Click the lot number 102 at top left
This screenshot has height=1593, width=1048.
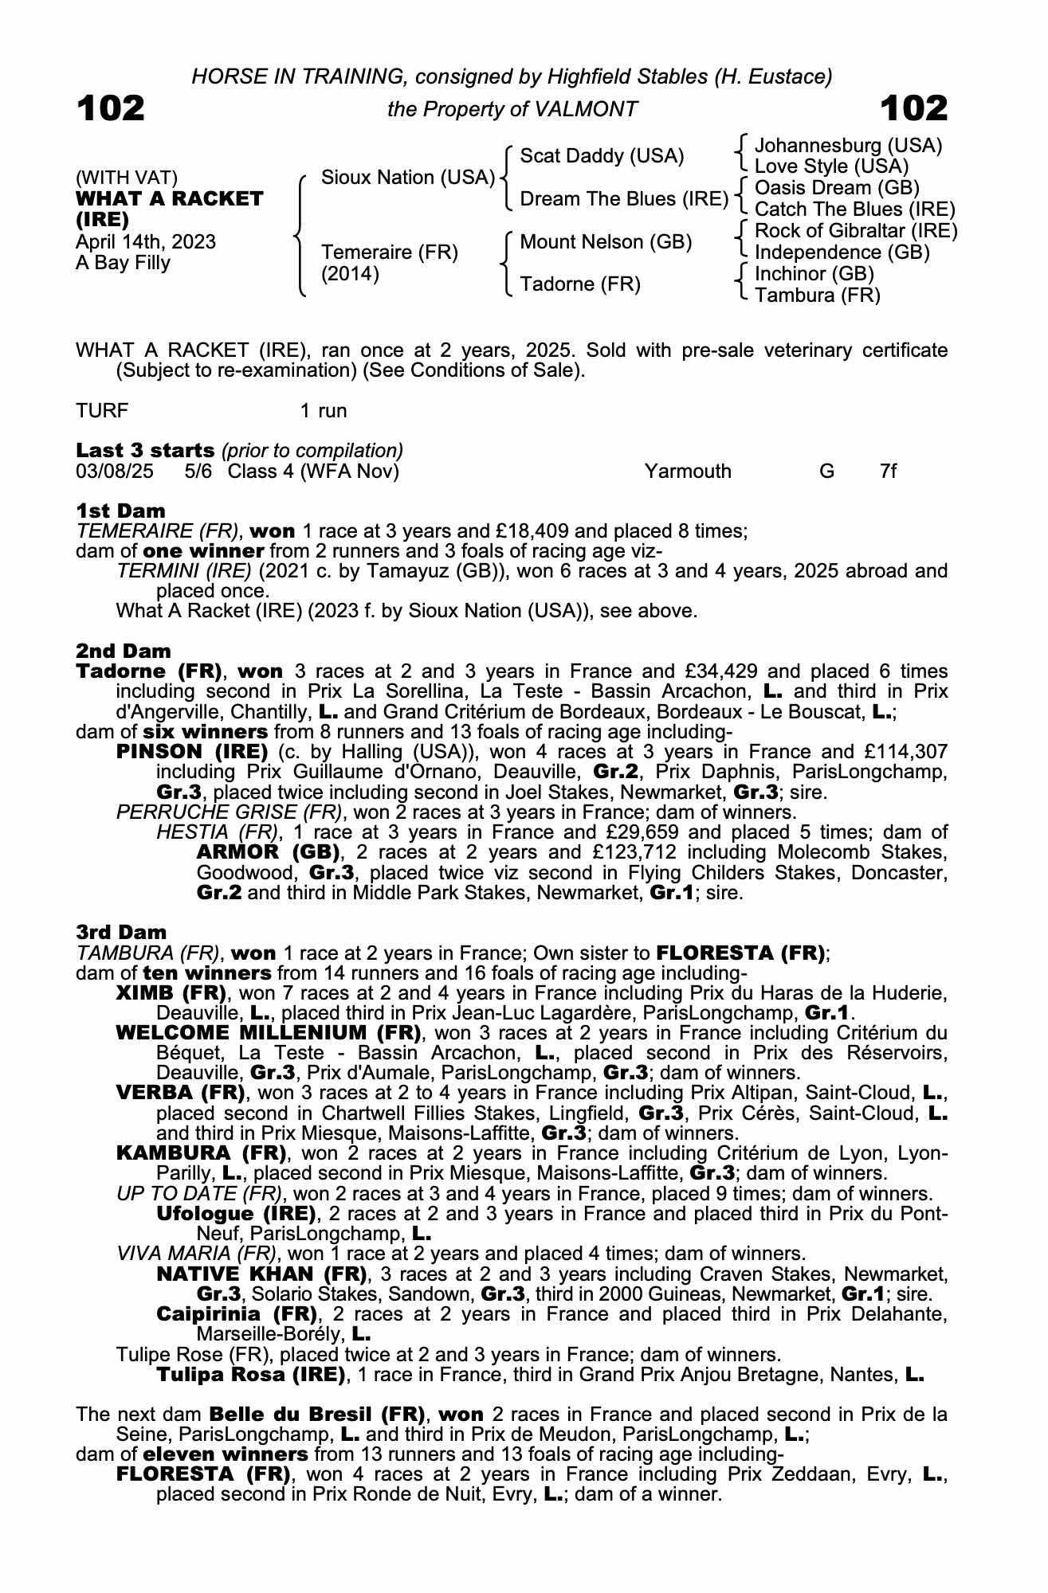pyautogui.click(x=111, y=108)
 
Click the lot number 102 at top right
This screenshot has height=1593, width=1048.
pyautogui.click(x=914, y=108)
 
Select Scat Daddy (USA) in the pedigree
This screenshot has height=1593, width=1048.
pyautogui.click(x=602, y=156)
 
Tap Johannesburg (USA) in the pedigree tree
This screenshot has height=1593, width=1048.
pyautogui.click(x=848, y=146)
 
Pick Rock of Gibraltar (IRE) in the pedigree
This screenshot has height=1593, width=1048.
pyautogui.click(x=855, y=231)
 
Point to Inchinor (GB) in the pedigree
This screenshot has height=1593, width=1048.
pyautogui.click(x=814, y=274)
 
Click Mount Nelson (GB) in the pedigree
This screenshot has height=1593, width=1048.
pyautogui.click(x=605, y=242)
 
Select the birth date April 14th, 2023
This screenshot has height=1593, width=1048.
pyautogui.click(x=146, y=242)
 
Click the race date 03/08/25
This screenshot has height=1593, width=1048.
pyautogui.click(x=115, y=471)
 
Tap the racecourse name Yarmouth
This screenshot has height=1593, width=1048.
pyautogui.click(x=688, y=471)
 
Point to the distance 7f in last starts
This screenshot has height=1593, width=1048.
pyautogui.click(x=888, y=471)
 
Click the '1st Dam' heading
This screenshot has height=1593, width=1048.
pyautogui.click(x=121, y=511)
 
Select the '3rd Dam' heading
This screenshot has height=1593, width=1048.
pyautogui.click(x=121, y=932)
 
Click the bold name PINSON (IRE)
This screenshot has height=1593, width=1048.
pyautogui.click(x=192, y=752)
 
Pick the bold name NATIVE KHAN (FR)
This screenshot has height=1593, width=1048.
pyautogui.click(x=261, y=1274)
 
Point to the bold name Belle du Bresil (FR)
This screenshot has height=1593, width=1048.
pyautogui.click(x=316, y=1415)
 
